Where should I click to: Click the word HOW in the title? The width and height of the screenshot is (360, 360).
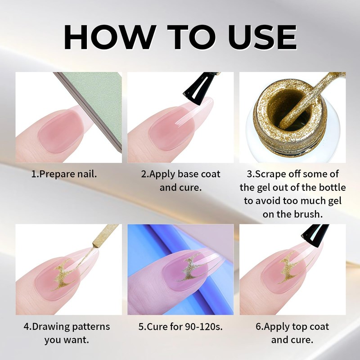point(108,37)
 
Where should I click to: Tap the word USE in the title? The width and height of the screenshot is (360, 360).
point(262,37)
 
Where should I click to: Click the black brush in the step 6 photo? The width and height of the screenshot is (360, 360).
point(315,234)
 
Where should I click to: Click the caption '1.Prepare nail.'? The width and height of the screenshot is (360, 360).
point(64,174)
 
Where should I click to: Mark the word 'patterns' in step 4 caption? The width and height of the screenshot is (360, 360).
point(91,327)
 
